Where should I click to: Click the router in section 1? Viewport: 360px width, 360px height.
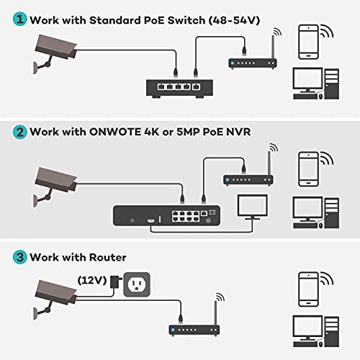click(x=249, y=64)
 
